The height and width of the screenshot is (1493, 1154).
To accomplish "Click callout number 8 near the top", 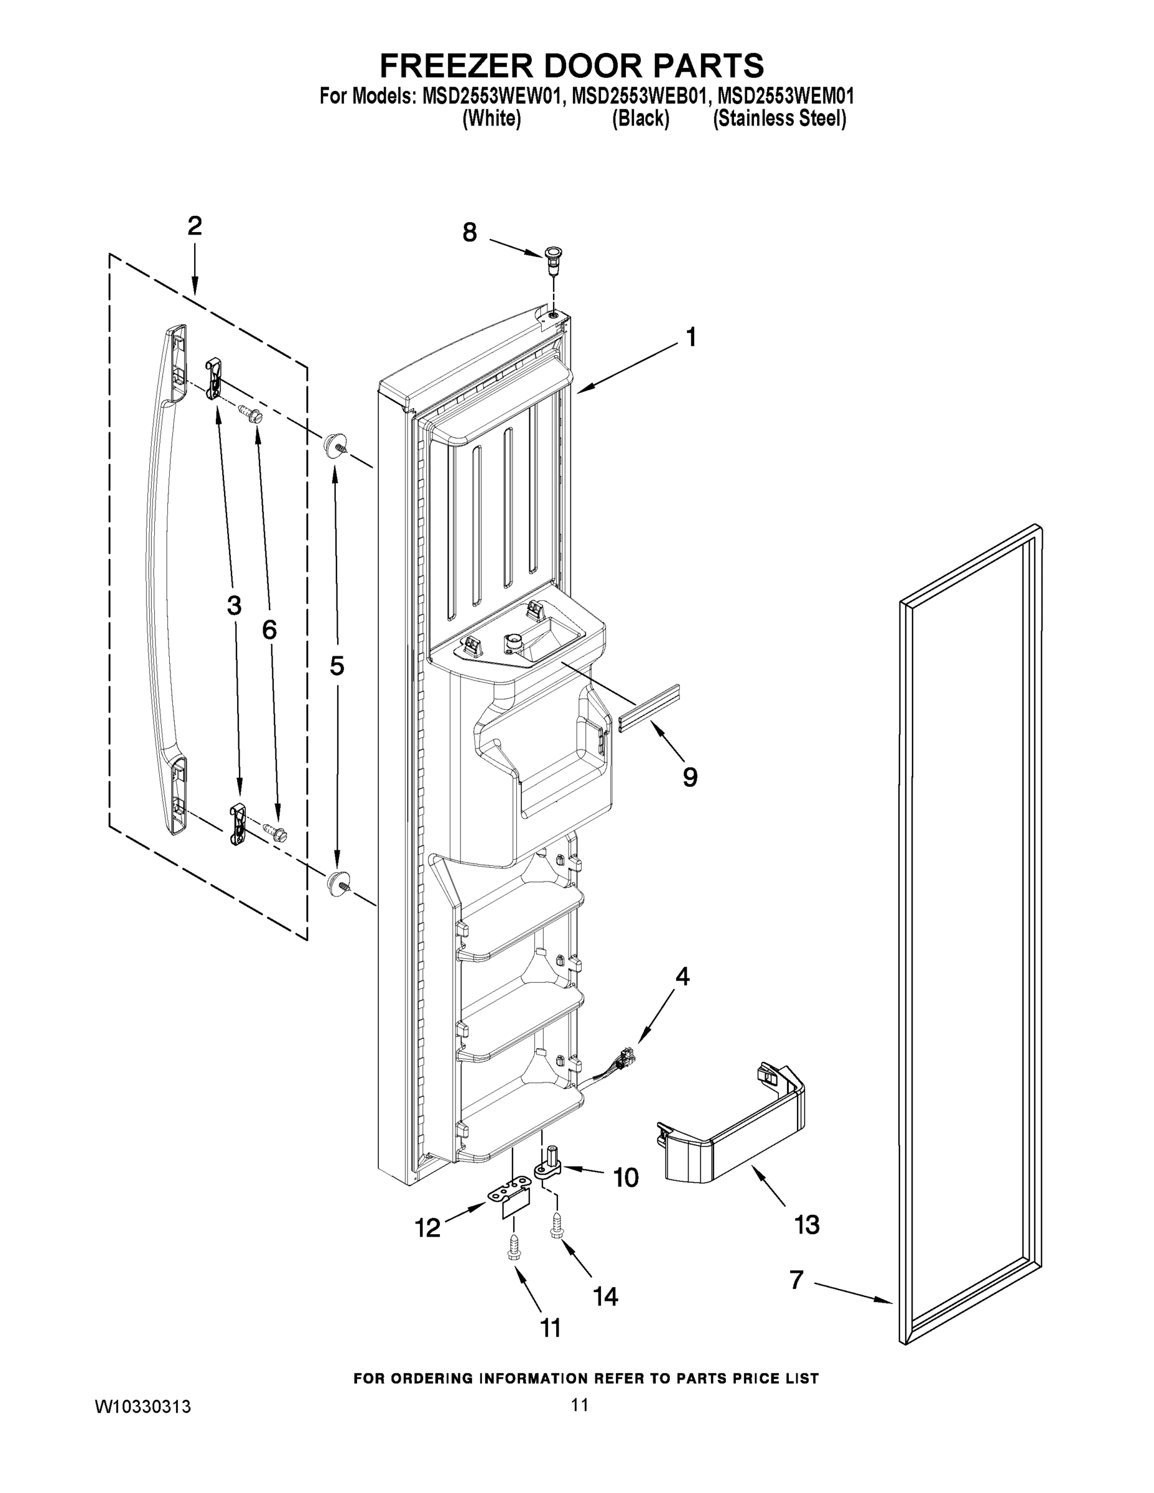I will point(469,233).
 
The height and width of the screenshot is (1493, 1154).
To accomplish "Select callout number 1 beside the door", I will point(691,338).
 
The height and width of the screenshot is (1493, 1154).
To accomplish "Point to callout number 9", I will point(690,776).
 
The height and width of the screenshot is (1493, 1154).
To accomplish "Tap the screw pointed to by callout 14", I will point(555,1230).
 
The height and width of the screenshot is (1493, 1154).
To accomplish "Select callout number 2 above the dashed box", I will point(195,226).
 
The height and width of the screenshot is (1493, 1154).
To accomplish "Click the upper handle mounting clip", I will point(213,378).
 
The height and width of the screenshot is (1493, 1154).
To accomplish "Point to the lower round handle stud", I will point(337,882).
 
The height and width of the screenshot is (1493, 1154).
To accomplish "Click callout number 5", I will point(337,666).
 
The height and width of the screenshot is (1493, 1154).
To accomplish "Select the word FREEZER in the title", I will point(455,67).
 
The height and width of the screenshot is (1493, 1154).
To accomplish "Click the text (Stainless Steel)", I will point(779,119).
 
